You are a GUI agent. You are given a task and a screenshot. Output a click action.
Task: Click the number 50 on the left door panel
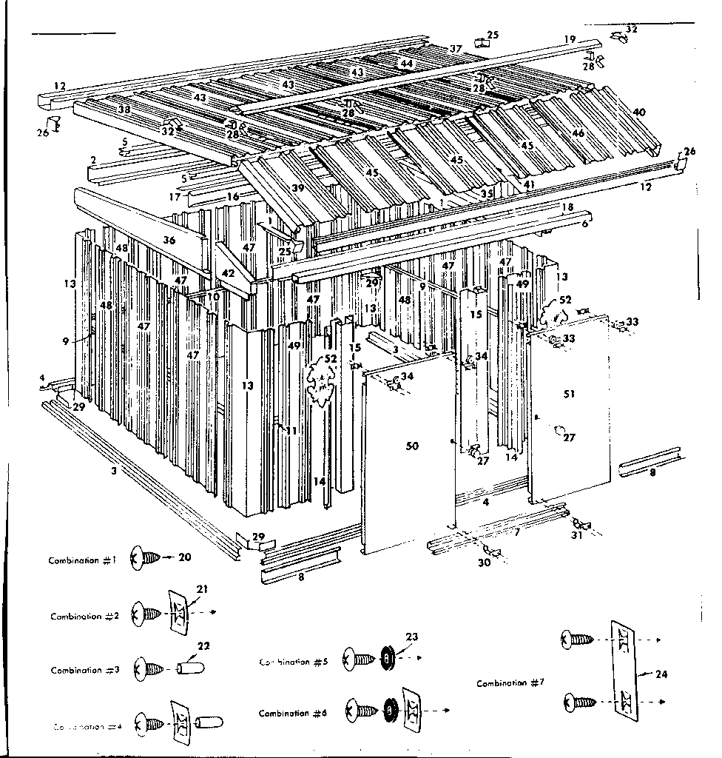[x=412, y=446]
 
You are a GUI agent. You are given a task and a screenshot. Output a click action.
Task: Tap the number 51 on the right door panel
[x=569, y=395]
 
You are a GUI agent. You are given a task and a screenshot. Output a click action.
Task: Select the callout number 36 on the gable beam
[x=169, y=241]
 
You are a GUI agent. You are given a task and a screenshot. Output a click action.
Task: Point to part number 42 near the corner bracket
[x=228, y=273]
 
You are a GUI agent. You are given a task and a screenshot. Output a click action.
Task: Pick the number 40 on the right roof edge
[x=638, y=113]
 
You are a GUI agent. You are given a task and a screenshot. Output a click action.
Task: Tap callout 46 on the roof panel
[x=578, y=133]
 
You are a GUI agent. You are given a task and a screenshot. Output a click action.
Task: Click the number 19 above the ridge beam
[x=569, y=39]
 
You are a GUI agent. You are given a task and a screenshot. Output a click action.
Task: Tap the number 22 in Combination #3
[x=203, y=646]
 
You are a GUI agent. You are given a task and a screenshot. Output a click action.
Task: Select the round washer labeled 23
[x=385, y=657]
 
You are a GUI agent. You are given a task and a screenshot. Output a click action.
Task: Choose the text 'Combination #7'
[x=510, y=683]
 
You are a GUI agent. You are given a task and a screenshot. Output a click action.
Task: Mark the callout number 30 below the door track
[x=484, y=563]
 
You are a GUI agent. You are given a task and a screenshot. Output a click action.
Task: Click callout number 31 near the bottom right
[x=576, y=535]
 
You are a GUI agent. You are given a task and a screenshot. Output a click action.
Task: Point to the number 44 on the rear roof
[x=406, y=64]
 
